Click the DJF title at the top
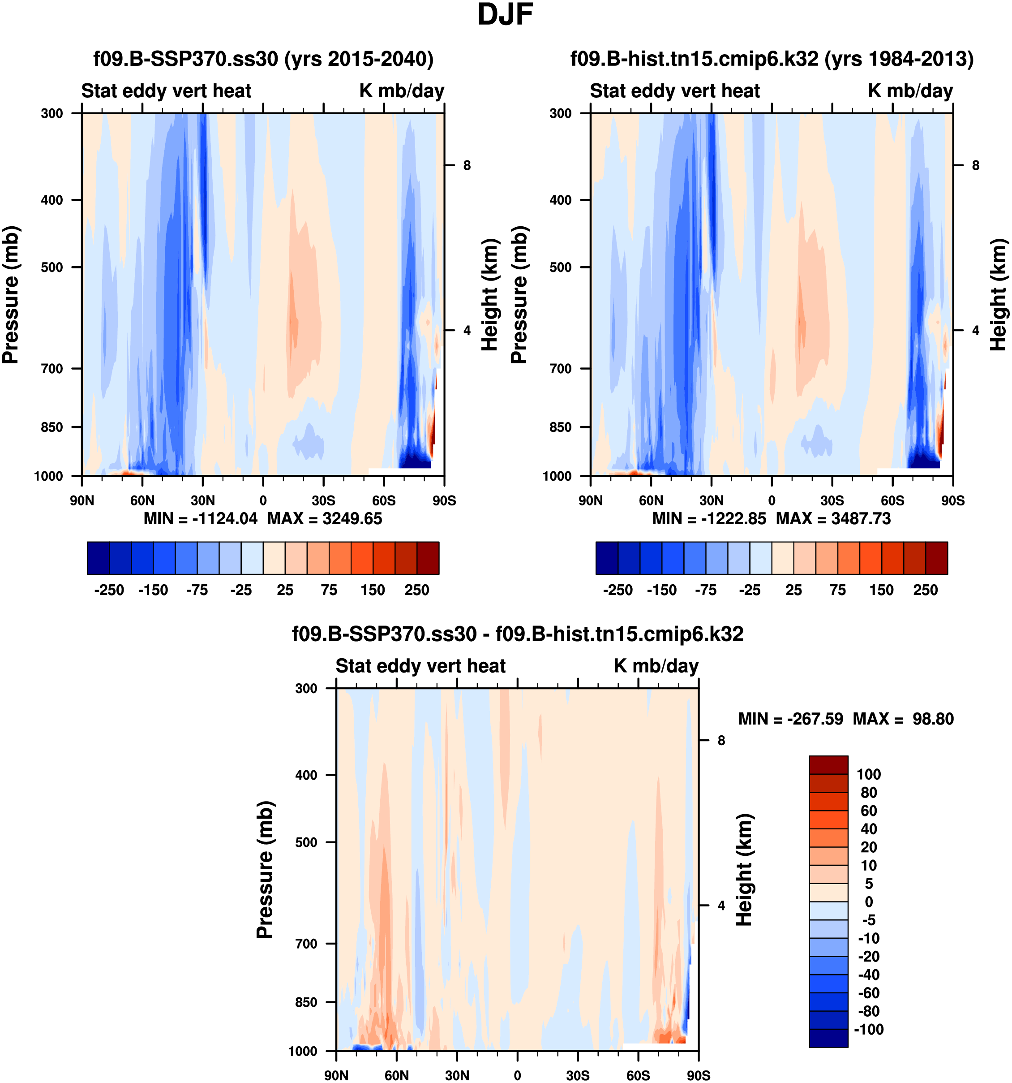click(x=505, y=15)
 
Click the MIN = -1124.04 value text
click(x=200, y=518)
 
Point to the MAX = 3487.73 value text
click(x=833, y=518)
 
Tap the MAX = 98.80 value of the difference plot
click(x=903, y=719)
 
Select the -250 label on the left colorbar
click(x=109, y=590)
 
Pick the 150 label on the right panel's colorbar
click(x=881, y=590)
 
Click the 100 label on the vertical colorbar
click(x=868, y=774)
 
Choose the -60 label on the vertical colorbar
click(x=868, y=992)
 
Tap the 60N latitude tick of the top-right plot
click(x=651, y=500)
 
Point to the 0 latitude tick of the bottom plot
click(x=517, y=1075)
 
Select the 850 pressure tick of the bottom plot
click(x=306, y=1002)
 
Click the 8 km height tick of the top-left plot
click(x=467, y=165)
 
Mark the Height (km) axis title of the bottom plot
click(x=744, y=870)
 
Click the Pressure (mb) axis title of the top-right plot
click(x=519, y=294)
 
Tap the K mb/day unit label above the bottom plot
click(x=656, y=666)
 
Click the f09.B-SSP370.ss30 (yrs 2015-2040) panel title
click(x=263, y=58)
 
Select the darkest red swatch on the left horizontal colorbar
click(x=428, y=558)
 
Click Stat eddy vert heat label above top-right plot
click(x=674, y=91)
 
